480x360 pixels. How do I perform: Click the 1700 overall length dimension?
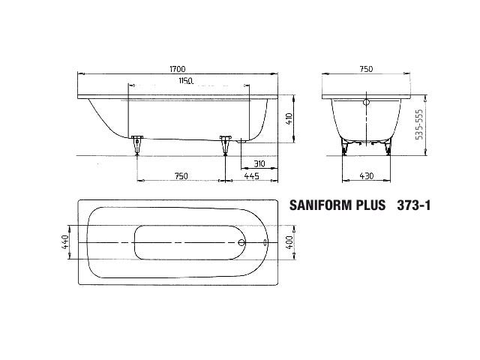click(x=178, y=69)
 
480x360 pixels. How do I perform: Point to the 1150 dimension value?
click(x=186, y=81)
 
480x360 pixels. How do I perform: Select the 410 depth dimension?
click(x=289, y=118)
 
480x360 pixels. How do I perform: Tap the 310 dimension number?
click(x=259, y=163)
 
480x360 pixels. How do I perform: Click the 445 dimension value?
click(x=252, y=176)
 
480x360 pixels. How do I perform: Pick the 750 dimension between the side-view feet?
click(x=181, y=176)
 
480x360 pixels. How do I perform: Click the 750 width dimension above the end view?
click(x=366, y=69)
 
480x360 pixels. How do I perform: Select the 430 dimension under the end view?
click(x=367, y=176)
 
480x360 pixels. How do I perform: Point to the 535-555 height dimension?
click(x=419, y=124)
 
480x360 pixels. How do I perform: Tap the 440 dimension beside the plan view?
click(x=65, y=241)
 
